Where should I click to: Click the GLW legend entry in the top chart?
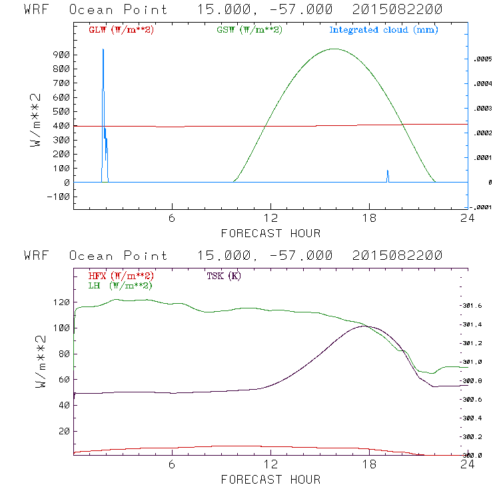tap(121, 30)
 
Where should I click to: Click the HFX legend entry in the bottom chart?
tap(121, 276)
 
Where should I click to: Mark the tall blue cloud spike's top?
tap(103, 49)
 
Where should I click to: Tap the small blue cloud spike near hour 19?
tap(388, 172)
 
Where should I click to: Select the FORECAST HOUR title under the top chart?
tap(270, 233)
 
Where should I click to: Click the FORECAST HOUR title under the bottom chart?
tap(270, 479)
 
